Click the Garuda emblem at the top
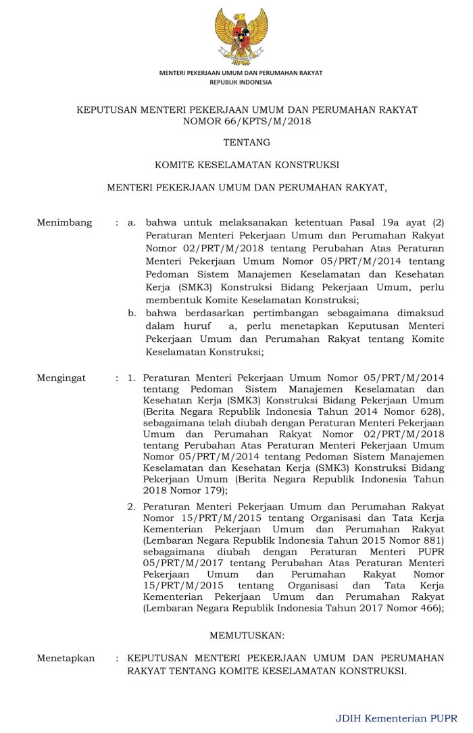point(241,35)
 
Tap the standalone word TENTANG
point(247,143)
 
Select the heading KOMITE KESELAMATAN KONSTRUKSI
point(247,163)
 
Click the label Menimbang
point(64,222)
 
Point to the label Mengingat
point(61,378)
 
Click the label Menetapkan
point(66,658)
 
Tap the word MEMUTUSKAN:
point(247,636)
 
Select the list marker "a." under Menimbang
point(132,222)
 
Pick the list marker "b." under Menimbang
point(133,313)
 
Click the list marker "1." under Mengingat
point(132,378)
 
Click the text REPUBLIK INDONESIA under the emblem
point(241,82)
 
